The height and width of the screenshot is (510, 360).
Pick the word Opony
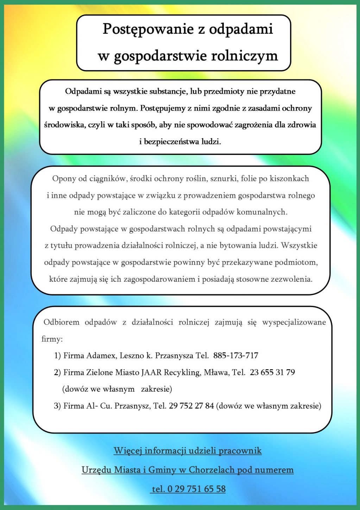64,179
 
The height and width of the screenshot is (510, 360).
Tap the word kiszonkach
289,179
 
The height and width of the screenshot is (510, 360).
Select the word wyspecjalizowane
294,322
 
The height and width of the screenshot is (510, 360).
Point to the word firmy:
52,339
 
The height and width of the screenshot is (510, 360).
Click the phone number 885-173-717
236,356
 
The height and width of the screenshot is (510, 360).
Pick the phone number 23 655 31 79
272,372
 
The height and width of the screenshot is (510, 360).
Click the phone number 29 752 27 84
191,406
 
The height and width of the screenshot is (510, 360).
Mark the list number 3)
57,406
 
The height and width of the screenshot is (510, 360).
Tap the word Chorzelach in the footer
211,470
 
